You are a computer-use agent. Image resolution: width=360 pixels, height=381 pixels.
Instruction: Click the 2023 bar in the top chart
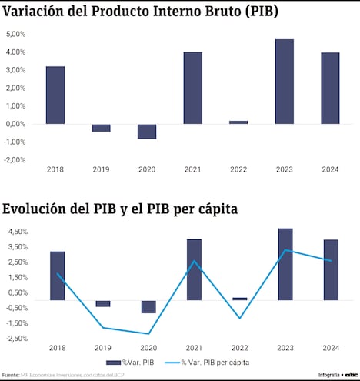pyautogui.click(x=284, y=82)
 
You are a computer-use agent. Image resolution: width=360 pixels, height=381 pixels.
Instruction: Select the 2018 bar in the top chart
pyautogui.click(x=55, y=95)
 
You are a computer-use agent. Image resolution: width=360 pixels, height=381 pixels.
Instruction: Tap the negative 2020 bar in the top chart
pyautogui.click(x=147, y=132)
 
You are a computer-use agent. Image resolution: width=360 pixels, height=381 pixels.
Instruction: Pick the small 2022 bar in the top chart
pyautogui.click(x=238, y=122)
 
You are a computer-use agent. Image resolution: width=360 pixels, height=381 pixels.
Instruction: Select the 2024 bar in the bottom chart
pyautogui.click(x=330, y=270)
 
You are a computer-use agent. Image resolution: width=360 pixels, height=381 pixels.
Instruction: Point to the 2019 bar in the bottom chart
pyautogui.click(x=103, y=304)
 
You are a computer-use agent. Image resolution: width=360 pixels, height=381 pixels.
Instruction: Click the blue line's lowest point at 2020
pyautogui.click(x=148, y=333)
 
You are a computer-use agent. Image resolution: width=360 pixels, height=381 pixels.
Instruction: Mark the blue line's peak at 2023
pyautogui.click(x=285, y=249)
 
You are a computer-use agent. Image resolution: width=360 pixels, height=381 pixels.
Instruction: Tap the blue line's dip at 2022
pyautogui.click(x=239, y=318)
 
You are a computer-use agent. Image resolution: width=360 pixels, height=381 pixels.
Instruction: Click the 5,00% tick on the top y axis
pyautogui.click(x=15, y=35)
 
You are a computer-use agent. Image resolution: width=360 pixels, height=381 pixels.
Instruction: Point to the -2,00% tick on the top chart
pyautogui.click(x=15, y=160)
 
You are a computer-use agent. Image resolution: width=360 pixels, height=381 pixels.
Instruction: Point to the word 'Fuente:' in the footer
pyautogui.click(x=11, y=375)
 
